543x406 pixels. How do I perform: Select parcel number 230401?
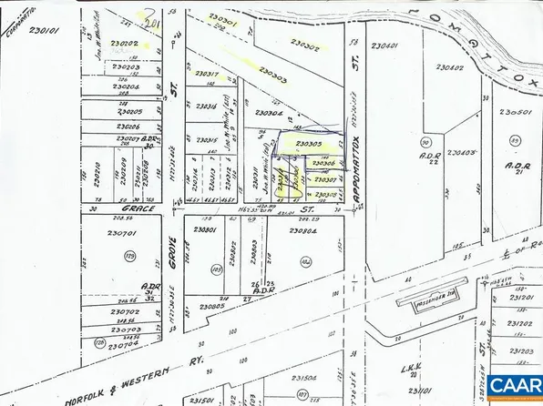click(386, 46)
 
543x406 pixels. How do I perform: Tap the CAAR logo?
click(514, 386)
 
